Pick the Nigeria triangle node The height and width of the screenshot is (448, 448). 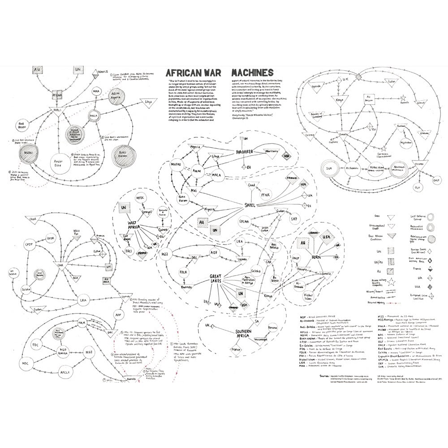(207, 209)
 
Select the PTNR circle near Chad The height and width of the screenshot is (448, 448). (266, 195)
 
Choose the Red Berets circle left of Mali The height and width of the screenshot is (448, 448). (24, 124)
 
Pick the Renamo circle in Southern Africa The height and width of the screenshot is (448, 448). (272, 329)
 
